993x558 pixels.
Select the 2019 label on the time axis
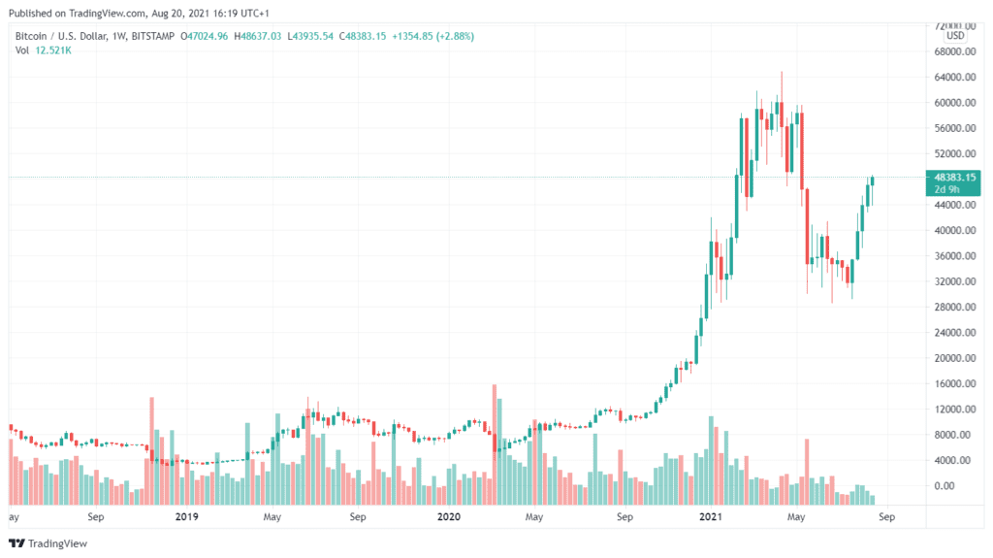187,517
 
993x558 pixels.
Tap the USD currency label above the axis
955,36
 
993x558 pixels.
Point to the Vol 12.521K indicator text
44,50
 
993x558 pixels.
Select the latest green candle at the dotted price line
873,180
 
